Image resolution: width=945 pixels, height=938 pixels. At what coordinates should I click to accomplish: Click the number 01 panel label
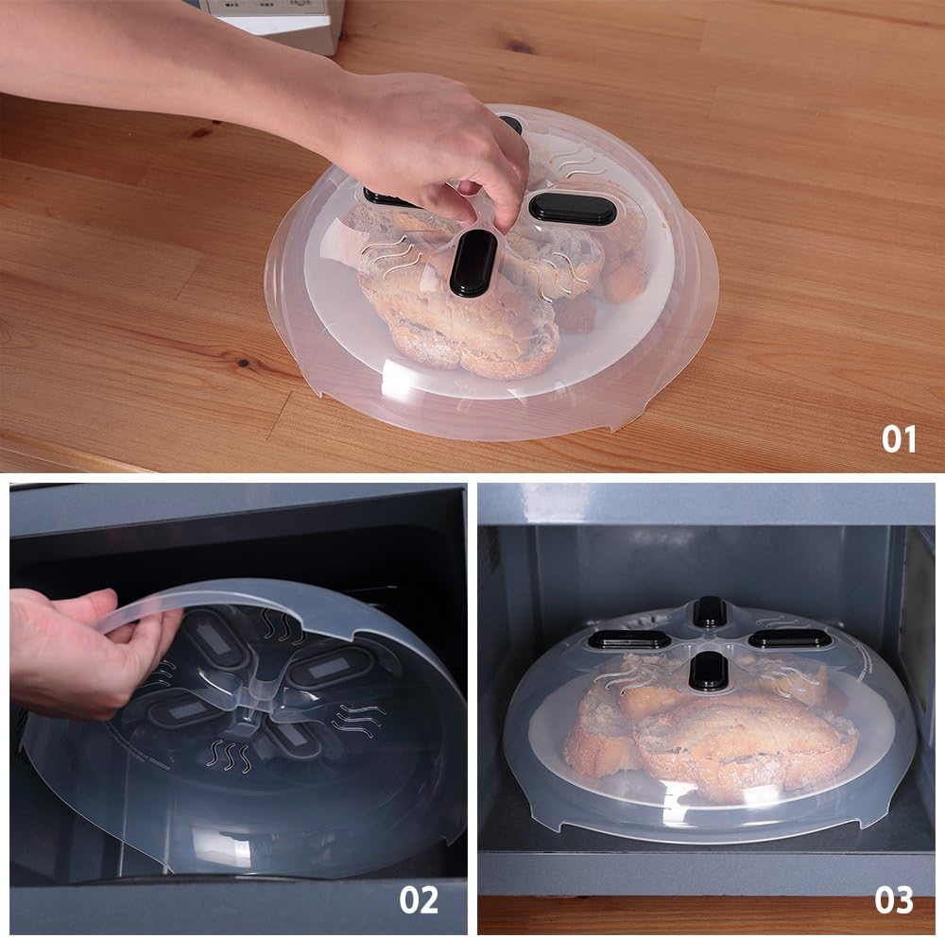coord(899,438)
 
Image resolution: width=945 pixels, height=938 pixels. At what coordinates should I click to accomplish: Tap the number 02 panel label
coord(419,899)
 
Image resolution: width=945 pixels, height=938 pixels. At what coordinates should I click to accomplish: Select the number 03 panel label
coord(893,899)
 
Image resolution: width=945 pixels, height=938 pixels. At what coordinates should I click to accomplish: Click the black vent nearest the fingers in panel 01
coord(472,263)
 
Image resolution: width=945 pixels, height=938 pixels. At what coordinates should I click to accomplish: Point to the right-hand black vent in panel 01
coord(572,209)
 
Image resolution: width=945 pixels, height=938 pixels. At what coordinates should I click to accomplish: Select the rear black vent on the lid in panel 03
coord(710,612)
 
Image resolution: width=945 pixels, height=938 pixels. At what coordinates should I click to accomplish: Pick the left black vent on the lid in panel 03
coord(623,640)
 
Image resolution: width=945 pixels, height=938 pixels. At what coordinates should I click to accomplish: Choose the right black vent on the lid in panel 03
coord(789,639)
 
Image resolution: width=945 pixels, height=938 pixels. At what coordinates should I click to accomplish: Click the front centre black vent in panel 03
coord(709,671)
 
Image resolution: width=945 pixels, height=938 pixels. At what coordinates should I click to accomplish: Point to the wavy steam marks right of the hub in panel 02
coord(360,719)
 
